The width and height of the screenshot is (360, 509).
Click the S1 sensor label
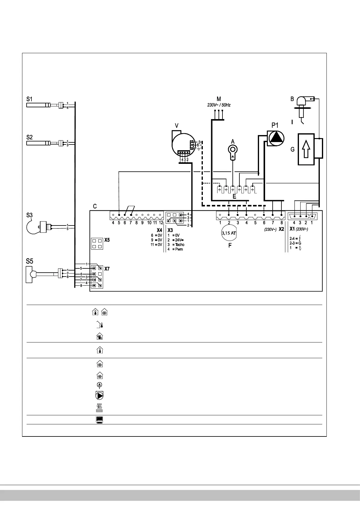pyautogui.click(x=29, y=99)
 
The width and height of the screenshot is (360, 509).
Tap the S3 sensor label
pyautogui.click(x=29, y=215)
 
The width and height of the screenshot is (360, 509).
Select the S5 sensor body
pyautogui.click(x=29, y=274)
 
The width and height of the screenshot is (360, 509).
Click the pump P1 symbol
pyautogui.click(x=276, y=138)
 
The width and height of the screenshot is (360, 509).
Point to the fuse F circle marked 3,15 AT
pyautogui.click(x=229, y=233)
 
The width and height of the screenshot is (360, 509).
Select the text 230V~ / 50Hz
pyautogui.click(x=219, y=105)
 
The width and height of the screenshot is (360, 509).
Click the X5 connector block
pyautogui.click(x=97, y=244)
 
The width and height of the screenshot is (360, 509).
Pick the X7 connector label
pyautogui.click(x=107, y=268)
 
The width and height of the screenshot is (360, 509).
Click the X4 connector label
pyautogui.click(x=160, y=230)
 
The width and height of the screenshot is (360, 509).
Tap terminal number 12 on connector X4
pyautogui.click(x=161, y=223)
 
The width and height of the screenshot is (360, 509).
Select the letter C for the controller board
pyautogui.click(x=95, y=206)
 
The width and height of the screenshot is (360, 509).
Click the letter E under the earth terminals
pyautogui.click(x=234, y=196)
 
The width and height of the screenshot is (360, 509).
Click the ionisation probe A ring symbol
pyautogui.click(x=233, y=149)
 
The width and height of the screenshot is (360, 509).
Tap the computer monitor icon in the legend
pyautogui.click(x=99, y=420)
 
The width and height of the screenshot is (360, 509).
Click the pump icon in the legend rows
pyautogui.click(x=99, y=396)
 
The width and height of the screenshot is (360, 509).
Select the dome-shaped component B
pyautogui.click(x=301, y=101)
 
